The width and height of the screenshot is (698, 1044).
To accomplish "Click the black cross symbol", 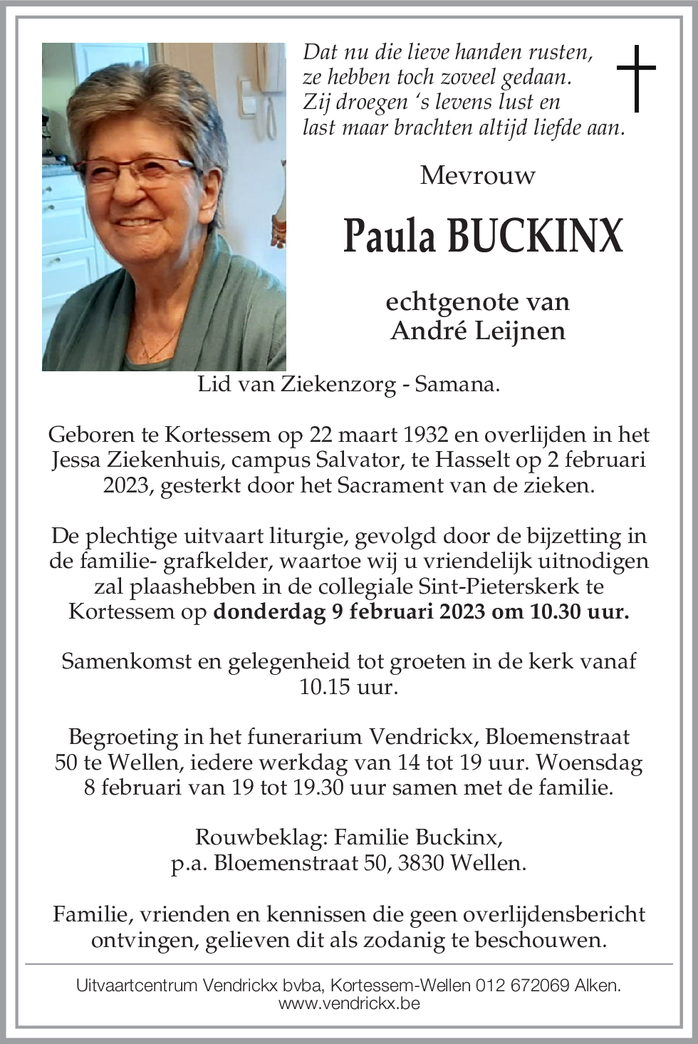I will [635, 78].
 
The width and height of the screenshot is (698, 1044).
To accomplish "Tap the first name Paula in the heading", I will [389, 237].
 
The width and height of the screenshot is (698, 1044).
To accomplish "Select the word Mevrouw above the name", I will [477, 175].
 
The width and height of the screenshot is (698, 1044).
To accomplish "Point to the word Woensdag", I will [590, 763].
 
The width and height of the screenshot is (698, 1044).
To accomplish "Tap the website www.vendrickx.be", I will [349, 1003].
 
